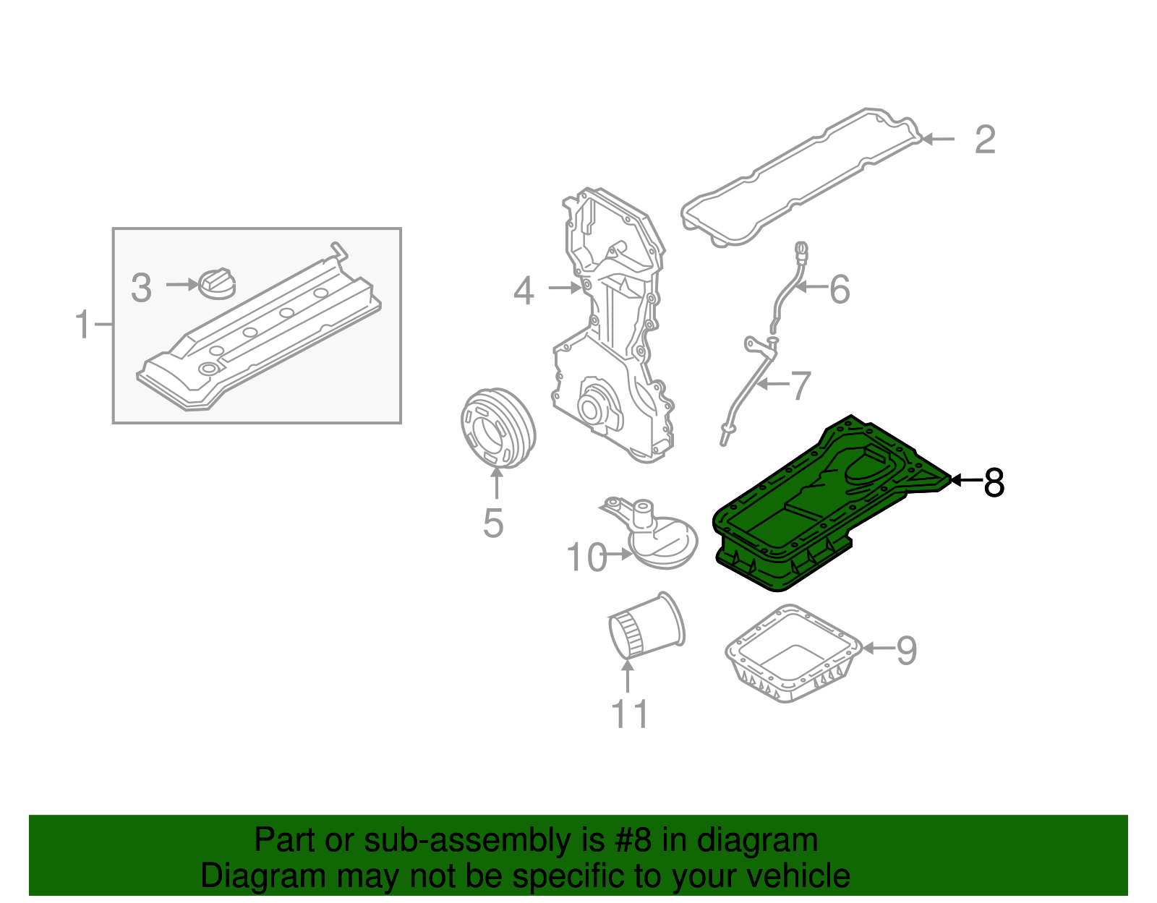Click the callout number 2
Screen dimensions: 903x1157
[985, 140]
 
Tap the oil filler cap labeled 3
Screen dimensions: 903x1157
[216, 283]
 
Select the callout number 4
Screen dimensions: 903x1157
[524, 291]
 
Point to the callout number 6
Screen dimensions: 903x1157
[839, 289]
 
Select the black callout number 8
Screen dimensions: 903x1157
[994, 482]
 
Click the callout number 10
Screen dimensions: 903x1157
[586, 557]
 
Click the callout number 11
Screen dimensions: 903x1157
[630, 714]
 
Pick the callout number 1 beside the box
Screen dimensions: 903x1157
[83, 325]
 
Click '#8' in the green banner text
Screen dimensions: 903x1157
[633, 841]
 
